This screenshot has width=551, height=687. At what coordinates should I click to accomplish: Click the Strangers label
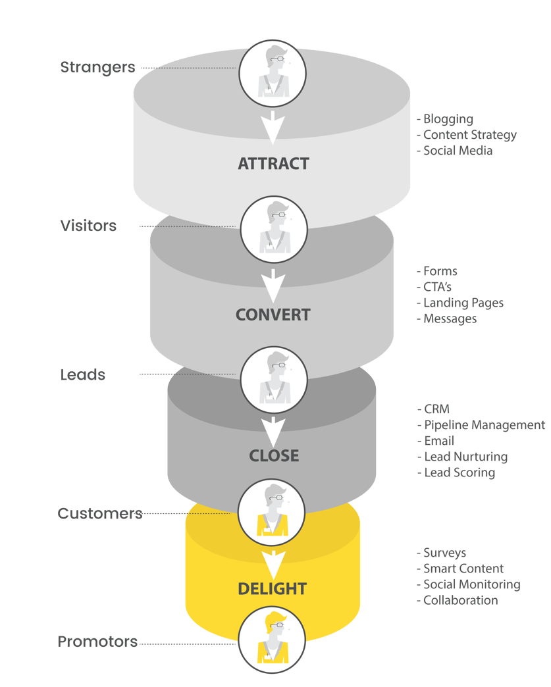click(97, 67)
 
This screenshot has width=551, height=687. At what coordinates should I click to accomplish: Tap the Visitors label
click(88, 226)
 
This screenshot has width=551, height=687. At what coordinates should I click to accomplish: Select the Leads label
click(82, 375)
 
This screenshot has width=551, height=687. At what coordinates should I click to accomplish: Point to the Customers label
click(99, 513)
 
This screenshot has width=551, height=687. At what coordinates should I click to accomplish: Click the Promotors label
click(97, 642)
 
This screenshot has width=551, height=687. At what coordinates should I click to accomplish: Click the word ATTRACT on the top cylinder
click(273, 164)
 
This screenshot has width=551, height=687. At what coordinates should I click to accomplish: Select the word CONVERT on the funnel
click(273, 315)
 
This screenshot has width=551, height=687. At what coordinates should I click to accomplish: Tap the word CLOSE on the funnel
click(274, 455)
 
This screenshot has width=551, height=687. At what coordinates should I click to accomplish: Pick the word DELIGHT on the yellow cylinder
click(273, 588)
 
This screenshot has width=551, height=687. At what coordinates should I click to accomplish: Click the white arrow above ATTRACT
click(273, 126)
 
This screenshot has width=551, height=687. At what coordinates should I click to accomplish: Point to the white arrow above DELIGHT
click(273, 563)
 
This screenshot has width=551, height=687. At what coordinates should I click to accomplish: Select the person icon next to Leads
click(273, 379)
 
